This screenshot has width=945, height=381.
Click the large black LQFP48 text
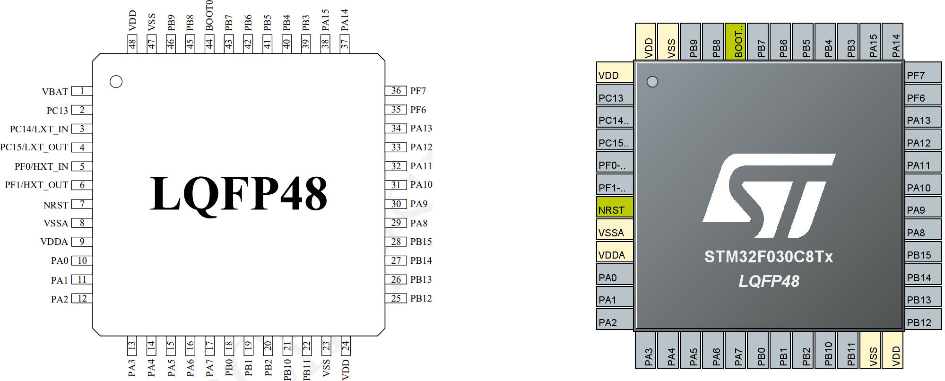click(x=239, y=194)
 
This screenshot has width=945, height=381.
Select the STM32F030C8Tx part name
click(x=769, y=257)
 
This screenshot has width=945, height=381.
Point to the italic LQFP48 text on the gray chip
click(x=769, y=281)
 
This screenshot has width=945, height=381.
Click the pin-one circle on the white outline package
click(x=116, y=82)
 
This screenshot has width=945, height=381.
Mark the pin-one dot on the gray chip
click(x=652, y=82)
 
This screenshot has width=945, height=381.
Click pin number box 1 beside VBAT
click(x=82, y=91)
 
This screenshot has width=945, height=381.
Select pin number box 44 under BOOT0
click(x=209, y=44)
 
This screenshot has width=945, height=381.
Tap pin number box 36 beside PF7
click(x=396, y=91)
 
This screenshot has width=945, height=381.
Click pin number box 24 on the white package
click(x=346, y=346)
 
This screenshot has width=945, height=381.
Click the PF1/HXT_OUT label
click(x=36, y=185)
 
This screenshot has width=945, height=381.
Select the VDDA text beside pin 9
click(x=54, y=242)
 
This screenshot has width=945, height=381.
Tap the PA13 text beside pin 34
click(x=421, y=128)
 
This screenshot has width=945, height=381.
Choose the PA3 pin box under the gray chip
click(x=646, y=350)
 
